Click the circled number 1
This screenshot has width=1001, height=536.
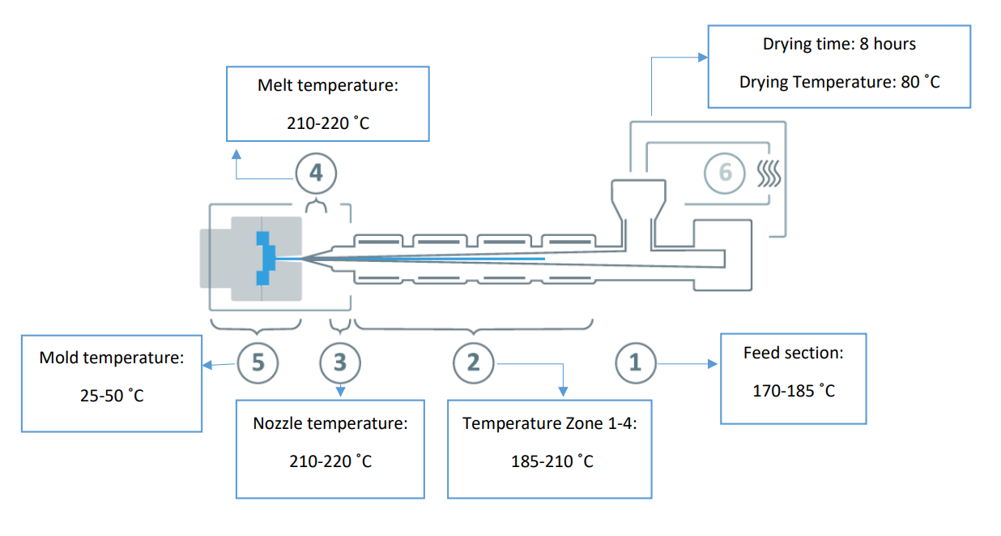tap(635, 362)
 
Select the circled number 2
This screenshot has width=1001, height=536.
tap(473, 362)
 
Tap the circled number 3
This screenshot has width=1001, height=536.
tap(339, 362)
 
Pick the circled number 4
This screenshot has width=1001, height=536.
tap(315, 172)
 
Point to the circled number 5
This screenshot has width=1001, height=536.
tap(258, 362)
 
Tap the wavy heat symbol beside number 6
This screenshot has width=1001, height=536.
tap(767, 172)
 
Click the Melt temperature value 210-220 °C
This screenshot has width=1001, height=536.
tap(328, 123)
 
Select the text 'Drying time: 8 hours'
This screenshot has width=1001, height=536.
tap(839, 44)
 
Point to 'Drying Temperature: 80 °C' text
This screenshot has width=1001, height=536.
tap(839, 82)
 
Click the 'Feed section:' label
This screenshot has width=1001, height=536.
tap(794, 354)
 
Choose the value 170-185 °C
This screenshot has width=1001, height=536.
tap(794, 391)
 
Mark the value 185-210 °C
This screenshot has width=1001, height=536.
tap(552, 461)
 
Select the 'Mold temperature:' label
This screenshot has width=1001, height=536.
tap(112, 358)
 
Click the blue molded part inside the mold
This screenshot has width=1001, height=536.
tap(264, 258)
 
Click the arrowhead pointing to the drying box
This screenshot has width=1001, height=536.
tap(702, 58)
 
